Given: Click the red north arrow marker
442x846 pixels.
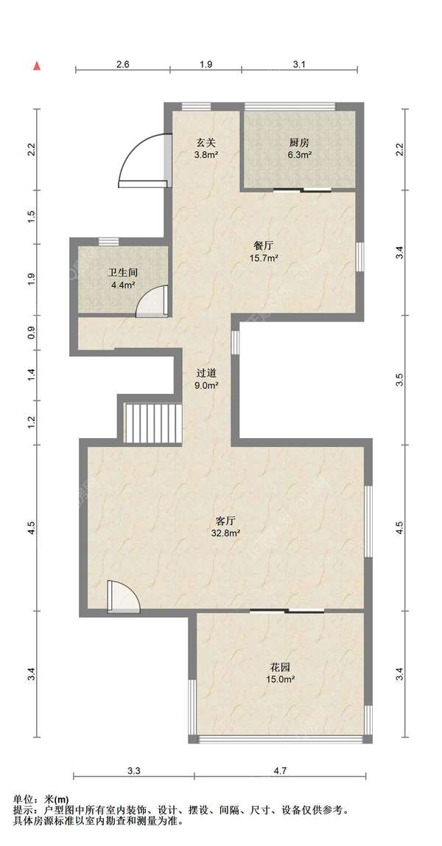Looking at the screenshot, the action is click(37, 66).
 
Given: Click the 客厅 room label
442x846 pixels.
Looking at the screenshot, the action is click(225, 521).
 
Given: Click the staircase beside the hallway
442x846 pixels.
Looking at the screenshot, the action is click(153, 423).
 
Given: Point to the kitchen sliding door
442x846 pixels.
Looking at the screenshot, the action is click(302, 190).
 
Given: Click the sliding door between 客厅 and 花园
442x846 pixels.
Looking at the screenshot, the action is click(287, 611).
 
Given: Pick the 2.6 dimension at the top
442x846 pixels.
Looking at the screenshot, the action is click(123, 64).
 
